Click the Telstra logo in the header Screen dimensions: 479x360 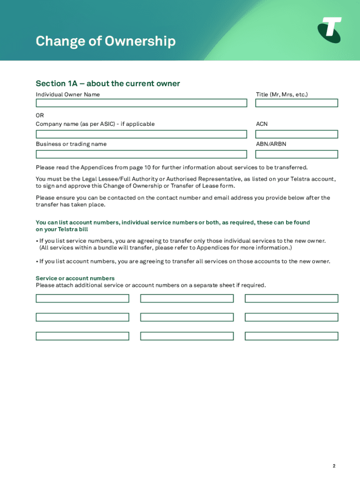[330, 29]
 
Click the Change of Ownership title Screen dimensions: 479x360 [106, 42]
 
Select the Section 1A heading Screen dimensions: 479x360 [108, 84]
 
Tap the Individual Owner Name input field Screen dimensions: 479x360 [141, 103]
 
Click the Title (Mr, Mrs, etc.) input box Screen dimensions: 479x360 [296, 103]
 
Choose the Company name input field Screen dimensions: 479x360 [141, 134]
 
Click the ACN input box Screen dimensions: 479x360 [296, 134]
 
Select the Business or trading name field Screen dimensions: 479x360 [141, 154]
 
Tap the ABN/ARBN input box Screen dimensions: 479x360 [296, 154]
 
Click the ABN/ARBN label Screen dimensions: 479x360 [271, 144]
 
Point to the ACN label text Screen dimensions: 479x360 [262, 124]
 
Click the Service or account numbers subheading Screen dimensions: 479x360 [75, 278]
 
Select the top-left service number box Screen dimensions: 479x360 [82, 298]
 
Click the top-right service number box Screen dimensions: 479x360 [291, 298]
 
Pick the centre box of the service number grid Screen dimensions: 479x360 [187, 317]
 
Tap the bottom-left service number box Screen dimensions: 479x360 [82, 336]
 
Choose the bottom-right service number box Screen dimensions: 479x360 [291, 336]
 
